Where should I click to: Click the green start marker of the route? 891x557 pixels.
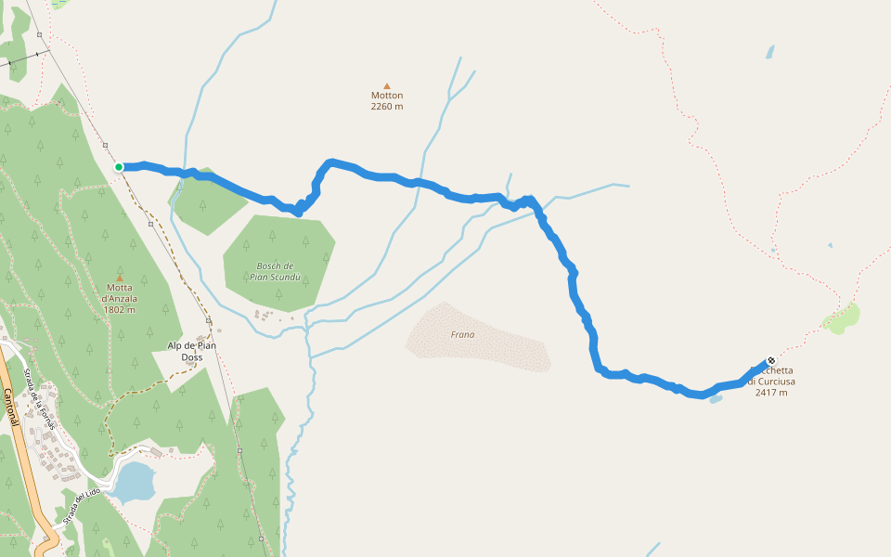pyautogui.click(x=119, y=167)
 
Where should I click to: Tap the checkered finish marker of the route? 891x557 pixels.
pyautogui.click(x=770, y=361)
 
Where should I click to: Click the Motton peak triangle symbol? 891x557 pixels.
pyautogui.click(x=387, y=85)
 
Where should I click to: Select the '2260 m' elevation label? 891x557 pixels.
pyautogui.click(x=387, y=106)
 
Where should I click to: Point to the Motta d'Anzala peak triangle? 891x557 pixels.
pyautogui.click(x=119, y=277)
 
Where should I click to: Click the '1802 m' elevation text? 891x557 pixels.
pyautogui.click(x=120, y=309)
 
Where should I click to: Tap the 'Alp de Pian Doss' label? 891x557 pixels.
pyautogui.click(x=191, y=351)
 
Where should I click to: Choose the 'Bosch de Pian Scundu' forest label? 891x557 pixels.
pyautogui.click(x=276, y=271)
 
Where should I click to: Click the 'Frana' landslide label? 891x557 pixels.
pyautogui.click(x=462, y=334)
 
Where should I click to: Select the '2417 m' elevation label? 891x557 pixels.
pyautogui.click(x=771, y=393)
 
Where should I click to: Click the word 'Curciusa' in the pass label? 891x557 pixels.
pyautogui.click(x=776, y=382)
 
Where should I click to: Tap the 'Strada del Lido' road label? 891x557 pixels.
pyautogui.click(x=81, y=506)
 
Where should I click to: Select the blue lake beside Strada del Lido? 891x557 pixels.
pyautogui.click(x=134, y=482)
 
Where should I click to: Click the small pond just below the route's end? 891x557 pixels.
pyautogui.click(x=715, y=398)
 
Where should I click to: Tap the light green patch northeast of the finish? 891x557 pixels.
pyautogui.click(x=841, y=318)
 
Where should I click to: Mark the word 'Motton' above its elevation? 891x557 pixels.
pyautogui.click(x=387, y=95)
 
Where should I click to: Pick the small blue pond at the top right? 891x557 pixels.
pyautogui.click(x=769, y=52)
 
